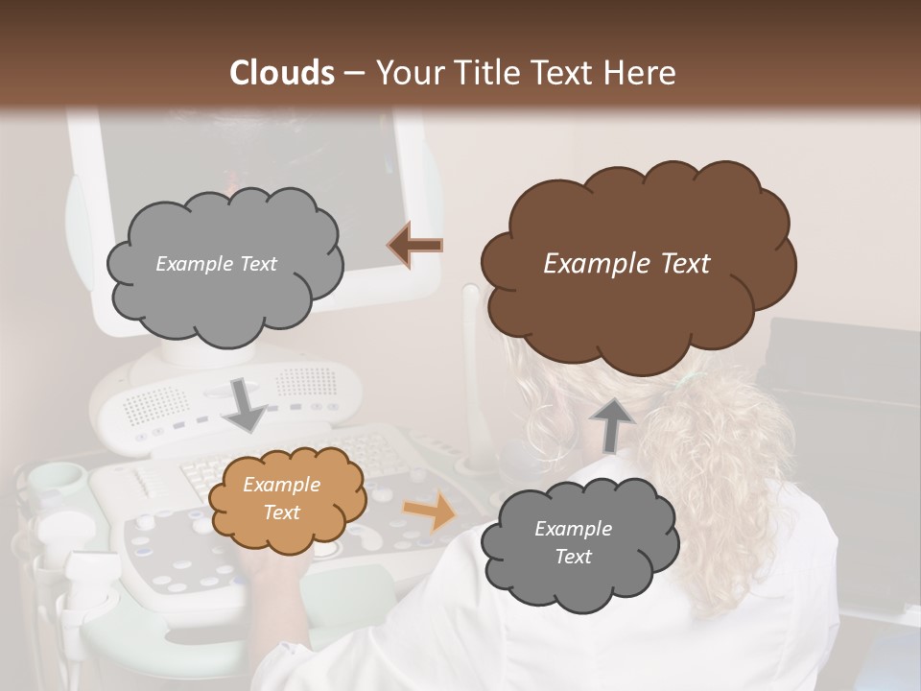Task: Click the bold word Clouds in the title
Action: point(282,73)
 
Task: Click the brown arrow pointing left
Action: point(415,245)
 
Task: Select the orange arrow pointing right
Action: point(430,511)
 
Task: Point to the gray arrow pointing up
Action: point(611,423)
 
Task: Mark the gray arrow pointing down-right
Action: point(246,404)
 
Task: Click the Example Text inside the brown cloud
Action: point(626,264)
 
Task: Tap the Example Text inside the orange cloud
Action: point(281,499)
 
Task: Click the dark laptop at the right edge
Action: point(844,384)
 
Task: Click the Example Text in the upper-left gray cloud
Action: point(216,264)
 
